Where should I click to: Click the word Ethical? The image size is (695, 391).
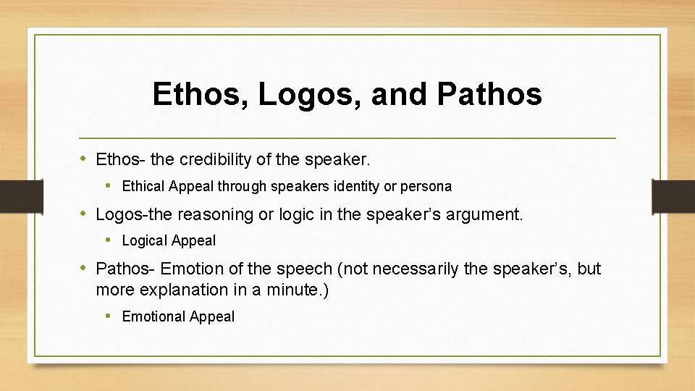coord(143,186)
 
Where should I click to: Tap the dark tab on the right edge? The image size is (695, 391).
coord(673,196)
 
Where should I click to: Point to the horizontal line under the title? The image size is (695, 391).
coord(347,138)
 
